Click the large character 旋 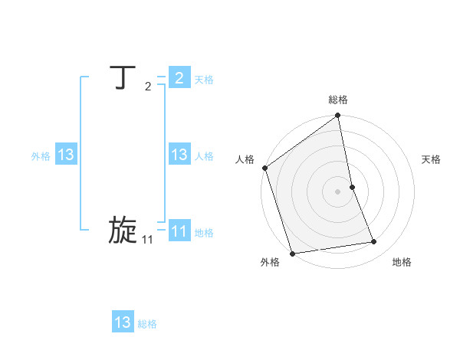tap(123, 231)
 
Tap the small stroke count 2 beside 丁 tap(148, 87)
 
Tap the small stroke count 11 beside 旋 tap(147, 240)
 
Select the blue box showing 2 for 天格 tap(179, 78)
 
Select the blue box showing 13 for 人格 tap(179, 155)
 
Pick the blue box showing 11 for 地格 tap(179, 231)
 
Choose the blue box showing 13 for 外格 tap(66, 155)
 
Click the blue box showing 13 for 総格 tap(123, 322)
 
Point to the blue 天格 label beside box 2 tap(204, 80)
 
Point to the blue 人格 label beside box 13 tap(204, 156)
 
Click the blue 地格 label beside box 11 tap(204, 233)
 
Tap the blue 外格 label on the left tap(41, 156)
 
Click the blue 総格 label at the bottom tap(147, 324)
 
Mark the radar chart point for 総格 tap(338, 116)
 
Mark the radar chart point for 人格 tap(264, 168)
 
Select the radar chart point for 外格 tap(292, 254)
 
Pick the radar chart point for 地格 tap(374, 242)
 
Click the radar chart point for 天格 tap(352, 187)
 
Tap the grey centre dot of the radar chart tap(338, 191)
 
